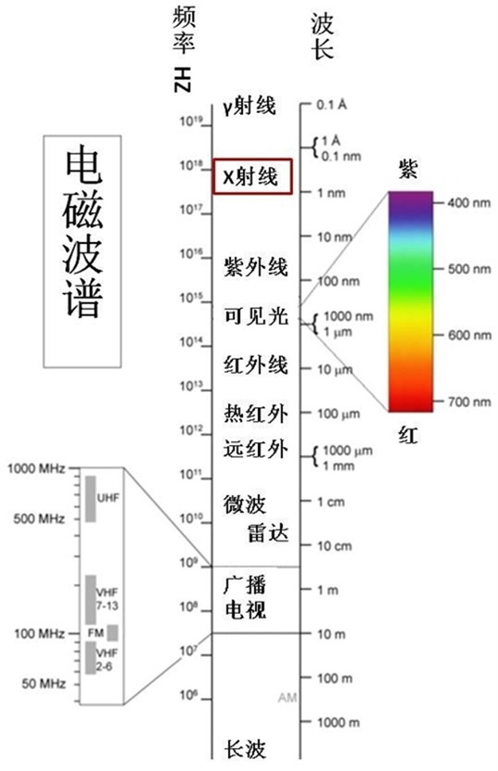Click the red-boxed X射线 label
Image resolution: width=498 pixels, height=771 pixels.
pos(251,177)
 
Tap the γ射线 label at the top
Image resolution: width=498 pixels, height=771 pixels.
pos(249,106)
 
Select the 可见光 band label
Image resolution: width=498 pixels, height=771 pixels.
pos(256,315)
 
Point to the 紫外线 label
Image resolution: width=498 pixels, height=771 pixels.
pos(256,267)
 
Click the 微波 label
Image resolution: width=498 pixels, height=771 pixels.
pos(245,504)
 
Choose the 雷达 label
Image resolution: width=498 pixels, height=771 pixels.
pos(268,534)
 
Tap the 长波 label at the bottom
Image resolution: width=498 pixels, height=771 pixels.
pos(245,749)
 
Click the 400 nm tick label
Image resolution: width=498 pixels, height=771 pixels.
pos(469,202)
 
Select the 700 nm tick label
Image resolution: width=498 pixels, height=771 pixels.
pos(469,401)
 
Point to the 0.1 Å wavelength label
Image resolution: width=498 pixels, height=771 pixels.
pos(331,104)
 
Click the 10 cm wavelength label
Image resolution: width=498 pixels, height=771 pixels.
pos(335,546)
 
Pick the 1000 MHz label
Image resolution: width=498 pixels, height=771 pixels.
pos(36,468)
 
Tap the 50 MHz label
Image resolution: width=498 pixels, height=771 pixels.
pos(43,683)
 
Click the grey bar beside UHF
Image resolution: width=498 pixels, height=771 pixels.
pos(91,499)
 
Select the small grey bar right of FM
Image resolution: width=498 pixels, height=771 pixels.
pos(112,633)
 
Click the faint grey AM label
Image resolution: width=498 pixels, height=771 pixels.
pos(288,697)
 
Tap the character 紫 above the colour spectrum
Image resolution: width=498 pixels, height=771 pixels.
pos(408,169)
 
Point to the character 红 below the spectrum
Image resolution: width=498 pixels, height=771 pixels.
pos(408,435)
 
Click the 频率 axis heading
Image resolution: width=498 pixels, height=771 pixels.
pos(183,29)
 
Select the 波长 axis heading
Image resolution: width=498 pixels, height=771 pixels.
pos(323,36)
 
